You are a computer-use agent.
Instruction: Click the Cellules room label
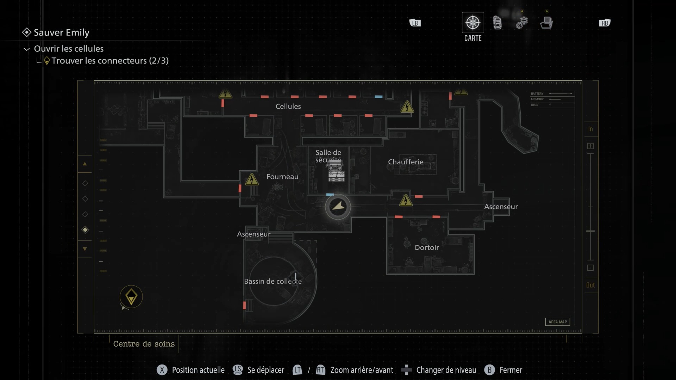[x=288, y=106]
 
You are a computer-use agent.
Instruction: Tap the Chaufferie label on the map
[x=406, y=162]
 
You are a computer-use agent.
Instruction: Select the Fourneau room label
[x=282, y=177]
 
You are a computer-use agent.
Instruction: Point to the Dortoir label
[x=427, y=247]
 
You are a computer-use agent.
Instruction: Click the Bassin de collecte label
[x=273, y=281]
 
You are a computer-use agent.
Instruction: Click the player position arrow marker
[x=338, y=207]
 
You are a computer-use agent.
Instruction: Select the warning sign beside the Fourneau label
[x=252, y=179]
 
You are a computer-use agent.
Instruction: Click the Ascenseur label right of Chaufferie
[x=501, y=207]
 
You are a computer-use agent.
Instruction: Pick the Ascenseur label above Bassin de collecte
[x=254, y=234]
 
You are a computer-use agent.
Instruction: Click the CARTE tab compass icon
[x=472, y=23]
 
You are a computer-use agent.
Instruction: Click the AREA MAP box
[x=557, y=322]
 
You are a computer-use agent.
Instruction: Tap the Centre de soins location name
[x=144, y=344]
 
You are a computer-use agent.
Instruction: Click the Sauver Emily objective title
[x=61, y=32]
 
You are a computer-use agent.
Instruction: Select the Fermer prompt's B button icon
[x=489, y=370]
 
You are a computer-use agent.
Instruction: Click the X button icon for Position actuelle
[x=162, y=370]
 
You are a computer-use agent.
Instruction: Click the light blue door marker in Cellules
[x=378, y=97]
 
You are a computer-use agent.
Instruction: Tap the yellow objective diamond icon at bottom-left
[x=131, y=297]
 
